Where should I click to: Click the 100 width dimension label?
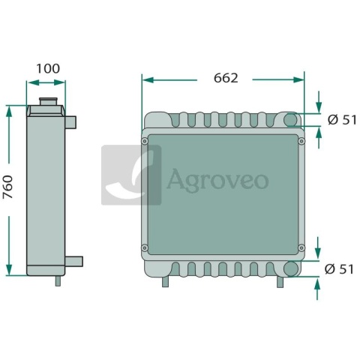(48, 69)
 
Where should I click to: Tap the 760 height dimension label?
(7, 187)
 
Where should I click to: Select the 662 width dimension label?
(226, 78)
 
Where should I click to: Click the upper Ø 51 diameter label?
(342, 120)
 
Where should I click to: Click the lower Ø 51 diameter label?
(339, 269)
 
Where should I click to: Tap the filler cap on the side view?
(49, 102)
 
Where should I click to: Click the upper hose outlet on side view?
(70, 122)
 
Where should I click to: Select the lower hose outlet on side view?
(73, 261)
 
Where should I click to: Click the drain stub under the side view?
(58, 280)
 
